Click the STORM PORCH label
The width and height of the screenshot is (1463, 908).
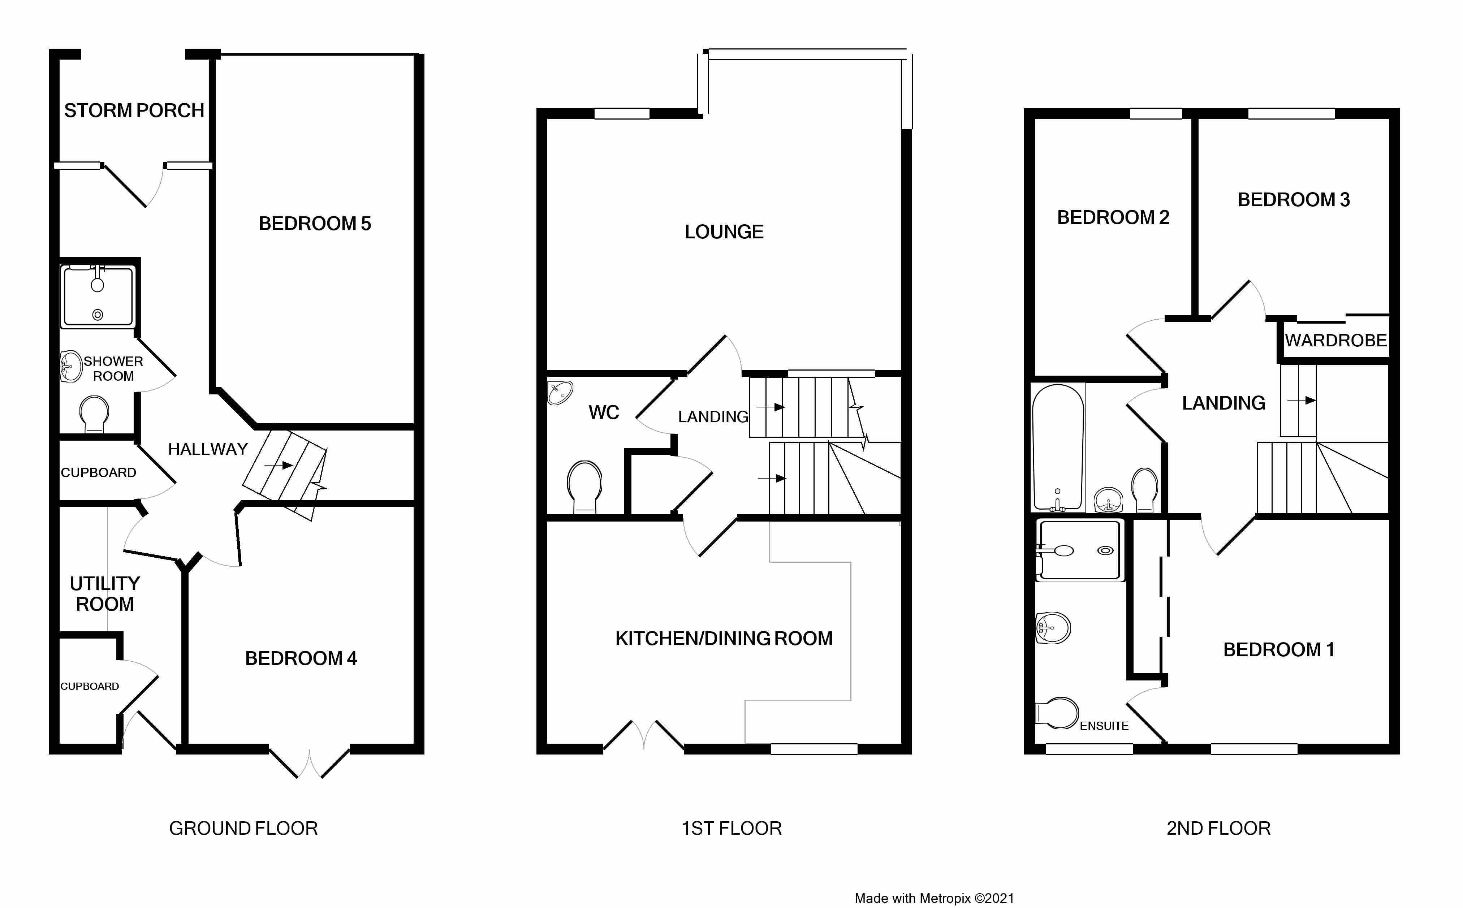pos(134,111)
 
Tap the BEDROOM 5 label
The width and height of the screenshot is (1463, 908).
pos(315,224)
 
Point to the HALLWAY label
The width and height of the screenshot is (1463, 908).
pos(208,449)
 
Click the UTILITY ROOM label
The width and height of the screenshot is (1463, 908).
pos(105,593)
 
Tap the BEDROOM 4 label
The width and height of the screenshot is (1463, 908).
pos(301,658)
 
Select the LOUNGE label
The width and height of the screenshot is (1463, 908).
pos(724,232)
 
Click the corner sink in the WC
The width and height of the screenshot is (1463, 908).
pos(560,392)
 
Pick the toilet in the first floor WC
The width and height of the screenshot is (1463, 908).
pos(584,487)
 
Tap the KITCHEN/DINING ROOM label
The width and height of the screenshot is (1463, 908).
pos(724,638)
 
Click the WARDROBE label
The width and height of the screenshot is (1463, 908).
pos(1336,341)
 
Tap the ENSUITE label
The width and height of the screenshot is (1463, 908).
pos(1104,726)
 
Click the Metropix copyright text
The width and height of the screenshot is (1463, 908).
pos(935,898)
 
